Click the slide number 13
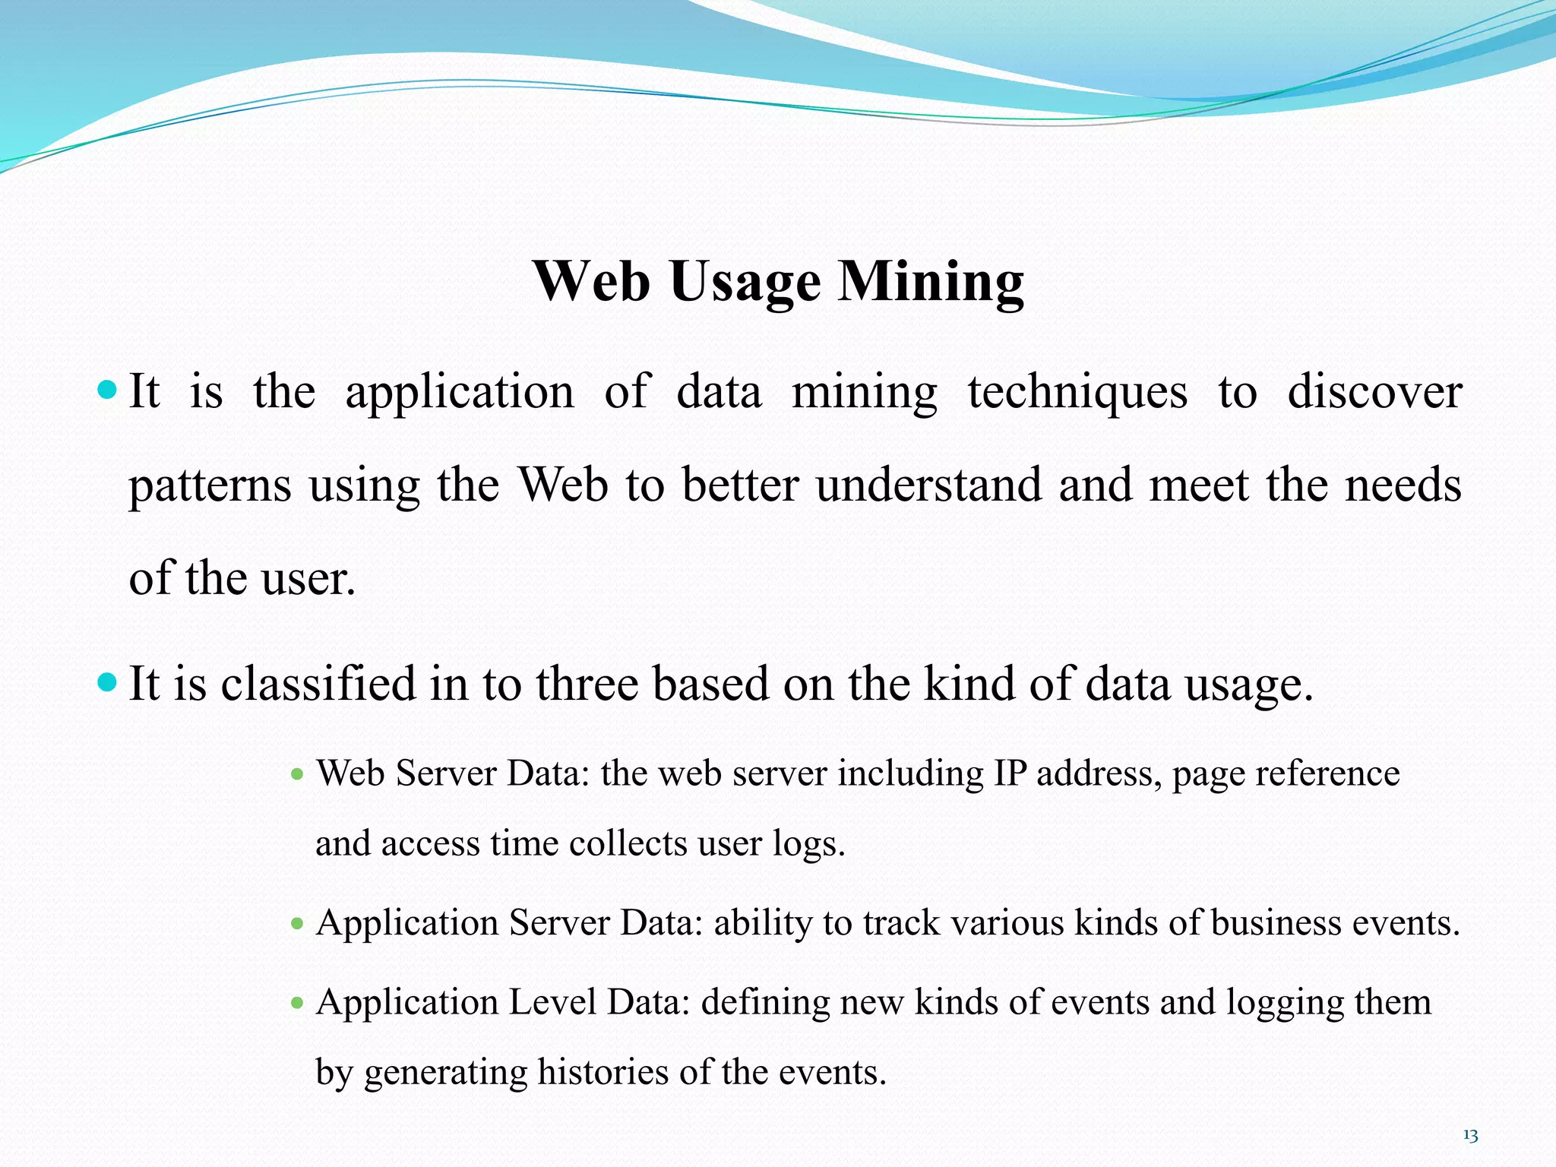(1469, 1136)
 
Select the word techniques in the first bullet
(1077, 394)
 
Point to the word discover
(1374, 392)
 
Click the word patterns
(210, 486)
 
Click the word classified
(318, 683)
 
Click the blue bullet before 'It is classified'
(108, 682)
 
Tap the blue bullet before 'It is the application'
(108, 391)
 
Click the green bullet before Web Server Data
(297, 775)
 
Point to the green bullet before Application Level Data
(297, 1004)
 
